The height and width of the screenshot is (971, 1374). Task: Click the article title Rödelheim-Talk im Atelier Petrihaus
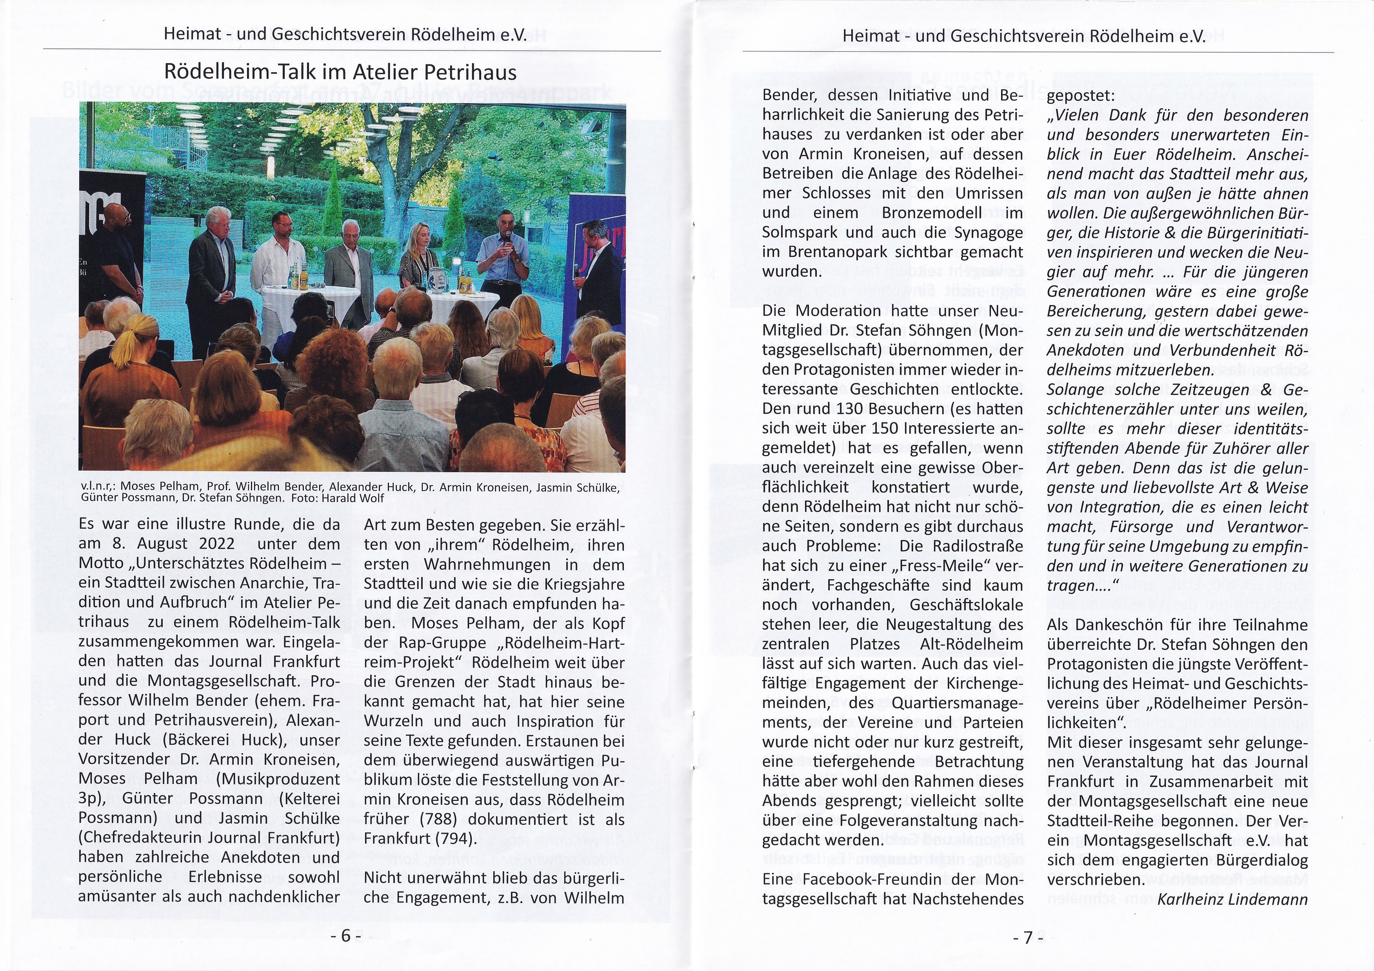[x=340, y=73]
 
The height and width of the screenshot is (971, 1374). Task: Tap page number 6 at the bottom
[x=346, y=936]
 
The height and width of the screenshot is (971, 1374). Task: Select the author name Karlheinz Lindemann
[x=1233, y=899]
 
